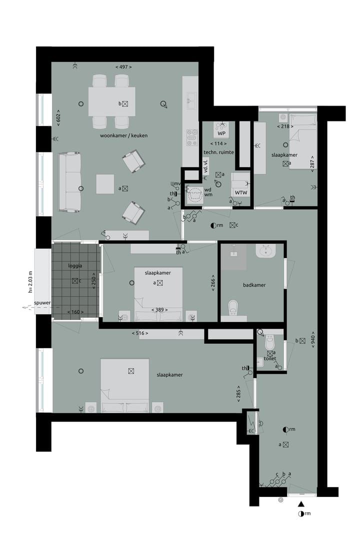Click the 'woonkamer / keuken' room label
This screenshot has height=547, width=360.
pyautogui.click(x=123, y=135)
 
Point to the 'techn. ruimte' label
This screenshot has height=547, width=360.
pyautogui.click(x=218, y=151)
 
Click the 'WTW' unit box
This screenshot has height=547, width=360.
pyautogui.click(x=240, y=192)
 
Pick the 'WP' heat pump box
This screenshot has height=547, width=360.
pyautogui.click(x=220, y=133)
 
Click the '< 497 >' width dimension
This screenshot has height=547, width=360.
pyautogui.click(x=123, y=67)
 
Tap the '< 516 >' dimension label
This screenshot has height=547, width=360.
pyautogui.click(x=140, y=332)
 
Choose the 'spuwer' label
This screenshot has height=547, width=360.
pyautogui.click(x=43, y=303)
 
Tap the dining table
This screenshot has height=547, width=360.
pyautogui.click(x=111, y=102)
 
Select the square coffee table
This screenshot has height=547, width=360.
pyautogui.click(x=106, y=183)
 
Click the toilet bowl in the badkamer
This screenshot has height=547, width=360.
pyautogui.click(x=233, y=307)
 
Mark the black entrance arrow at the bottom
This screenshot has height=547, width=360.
pyautogui.click(x=301, y=505)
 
